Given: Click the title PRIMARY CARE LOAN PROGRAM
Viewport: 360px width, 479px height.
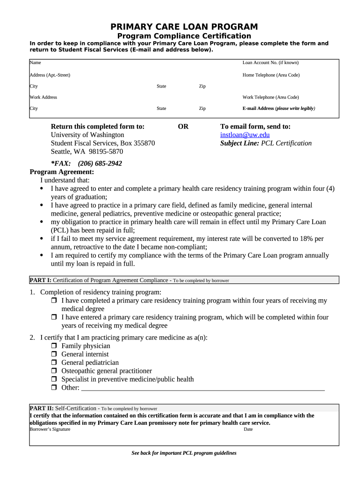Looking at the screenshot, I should (184, 27).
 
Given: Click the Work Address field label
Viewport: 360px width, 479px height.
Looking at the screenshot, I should (43, 97).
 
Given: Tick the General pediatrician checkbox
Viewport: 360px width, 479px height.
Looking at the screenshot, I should (54, 363).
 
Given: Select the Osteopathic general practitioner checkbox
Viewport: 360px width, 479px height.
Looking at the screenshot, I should (54, 371).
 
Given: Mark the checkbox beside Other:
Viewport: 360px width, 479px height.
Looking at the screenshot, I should (54, 388).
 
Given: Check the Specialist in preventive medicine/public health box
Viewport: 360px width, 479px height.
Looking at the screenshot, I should (54, 380).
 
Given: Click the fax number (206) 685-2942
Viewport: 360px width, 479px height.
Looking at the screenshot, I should (100, 163).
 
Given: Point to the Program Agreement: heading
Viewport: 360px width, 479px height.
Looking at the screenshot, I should (62, 172).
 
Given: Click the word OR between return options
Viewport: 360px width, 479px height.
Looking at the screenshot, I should (183, 126).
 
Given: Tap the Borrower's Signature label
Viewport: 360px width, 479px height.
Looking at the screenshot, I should (50, 429).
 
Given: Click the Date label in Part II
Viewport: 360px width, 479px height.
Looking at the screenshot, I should (248, 429).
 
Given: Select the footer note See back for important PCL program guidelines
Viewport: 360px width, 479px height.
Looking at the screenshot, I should (184, 453).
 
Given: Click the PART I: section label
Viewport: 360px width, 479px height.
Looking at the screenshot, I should (41, 280).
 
